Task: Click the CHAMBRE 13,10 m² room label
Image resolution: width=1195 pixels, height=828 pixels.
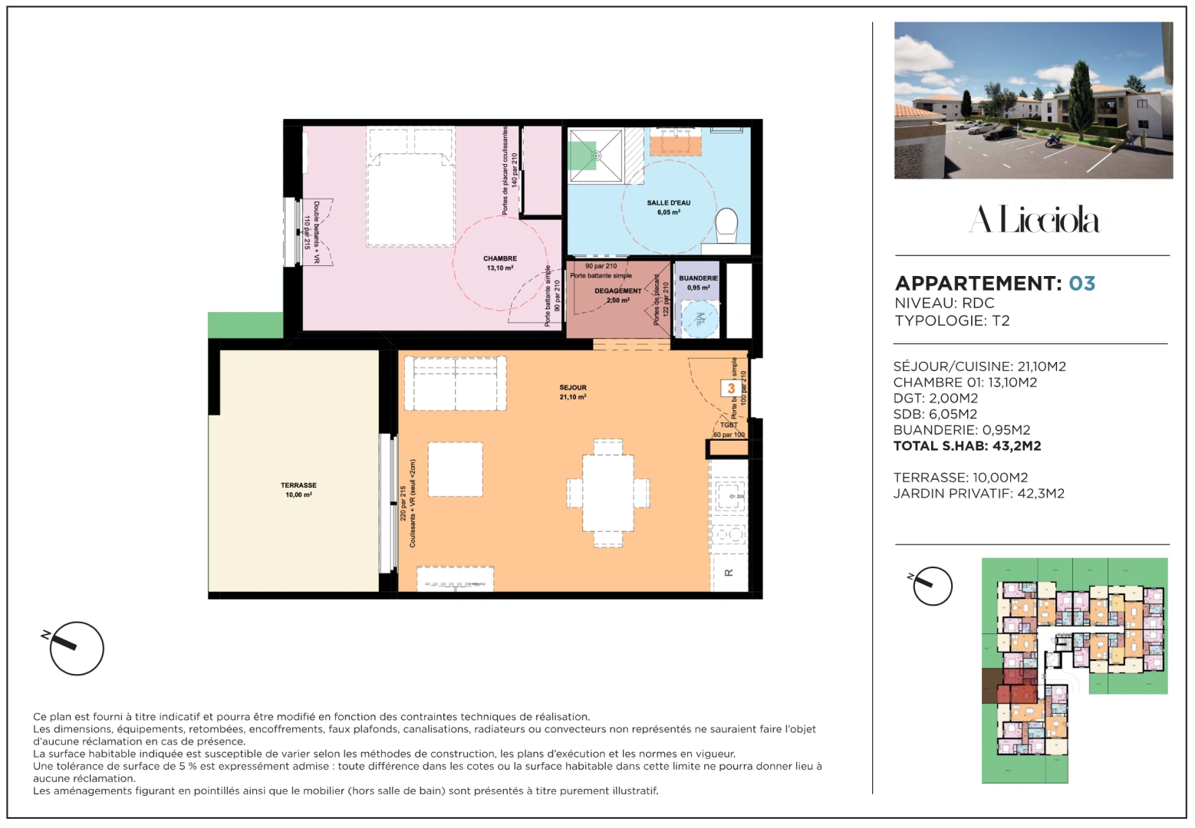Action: coord(499,263)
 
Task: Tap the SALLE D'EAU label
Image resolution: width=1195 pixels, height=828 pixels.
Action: coord(668,207)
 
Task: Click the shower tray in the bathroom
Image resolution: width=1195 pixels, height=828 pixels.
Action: coord(596,156)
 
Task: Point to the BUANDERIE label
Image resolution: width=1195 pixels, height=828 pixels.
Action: coord(698,282)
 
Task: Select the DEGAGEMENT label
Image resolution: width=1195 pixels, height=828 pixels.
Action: coord(617,295)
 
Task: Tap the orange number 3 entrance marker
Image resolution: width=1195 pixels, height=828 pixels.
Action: coord(730,389)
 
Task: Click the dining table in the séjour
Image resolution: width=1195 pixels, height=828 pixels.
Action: coord(607,492)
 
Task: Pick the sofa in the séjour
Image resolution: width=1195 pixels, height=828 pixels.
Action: coord(455,383)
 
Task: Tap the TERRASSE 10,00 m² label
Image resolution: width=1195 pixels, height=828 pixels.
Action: coord(298,490)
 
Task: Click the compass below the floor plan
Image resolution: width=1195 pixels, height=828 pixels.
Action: coord(76,648)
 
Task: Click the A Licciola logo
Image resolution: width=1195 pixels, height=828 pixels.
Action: coord(1033,220)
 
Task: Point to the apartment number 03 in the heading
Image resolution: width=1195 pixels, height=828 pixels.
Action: coord(1081,284)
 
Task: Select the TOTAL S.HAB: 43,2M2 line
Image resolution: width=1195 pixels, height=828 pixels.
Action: coord(966,446)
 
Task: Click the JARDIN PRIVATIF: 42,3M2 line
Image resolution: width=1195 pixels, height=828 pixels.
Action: coord(978,494)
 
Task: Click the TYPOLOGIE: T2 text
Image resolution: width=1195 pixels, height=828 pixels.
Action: coord(952,321)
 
